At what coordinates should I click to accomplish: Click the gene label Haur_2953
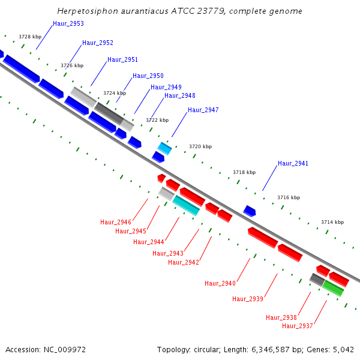click(x=68, y=23)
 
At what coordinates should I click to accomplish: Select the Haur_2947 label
click(x=203, y=110)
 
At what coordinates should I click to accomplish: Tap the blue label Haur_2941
click(x=293, y=163)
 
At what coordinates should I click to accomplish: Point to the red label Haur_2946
click(x=116, y=222)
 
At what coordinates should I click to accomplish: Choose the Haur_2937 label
click(x=298, y=326)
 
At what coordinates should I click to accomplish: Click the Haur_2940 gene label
click(x=220, y=283)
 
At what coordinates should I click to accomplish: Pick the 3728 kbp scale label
click(x=30, y=37)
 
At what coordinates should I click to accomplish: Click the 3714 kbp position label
click(x=332, y=222)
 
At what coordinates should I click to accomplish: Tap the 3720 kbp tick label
click(x=200, y=146)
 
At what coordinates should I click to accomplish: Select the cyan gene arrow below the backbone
click(x=186, y=205)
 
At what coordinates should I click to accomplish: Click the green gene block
click(x=333, y=288)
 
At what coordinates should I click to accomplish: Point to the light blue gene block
click(x=164, y=148)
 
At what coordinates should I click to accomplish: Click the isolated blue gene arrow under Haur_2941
click(x=250, y=211)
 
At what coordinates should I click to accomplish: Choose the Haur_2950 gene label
click(x=148, y=76)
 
